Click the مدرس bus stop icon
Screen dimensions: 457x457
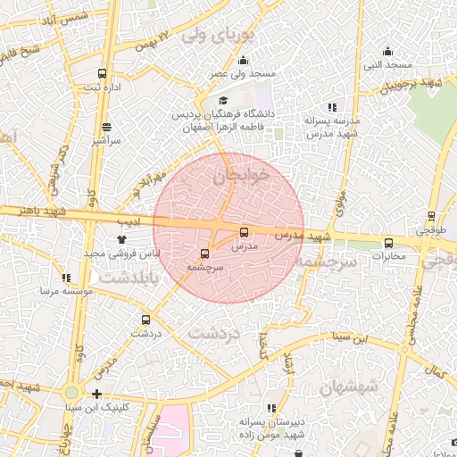click(x=245, y=232)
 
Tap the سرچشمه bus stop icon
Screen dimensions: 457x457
click(x=205, y=253)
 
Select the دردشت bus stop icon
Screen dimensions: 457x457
click(x=145, y=320)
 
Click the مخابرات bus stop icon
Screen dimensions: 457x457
click(x=388, y=243)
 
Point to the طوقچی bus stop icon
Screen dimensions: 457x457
click(x=431, y=216)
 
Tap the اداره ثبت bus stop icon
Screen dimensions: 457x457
click(x=102, y=73)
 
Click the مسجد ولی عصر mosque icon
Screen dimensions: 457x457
click(x=243, y=61)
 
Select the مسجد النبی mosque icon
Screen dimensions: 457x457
click(x=387, y=52)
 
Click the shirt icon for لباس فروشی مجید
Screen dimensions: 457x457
click(x=122, y=239)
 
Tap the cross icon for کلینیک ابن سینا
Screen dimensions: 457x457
click(x=96, y=394)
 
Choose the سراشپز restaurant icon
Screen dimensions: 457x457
click(x=106, y=127)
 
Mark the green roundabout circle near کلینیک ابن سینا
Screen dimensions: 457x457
click(x=71, y=393)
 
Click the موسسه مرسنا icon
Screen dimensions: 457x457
click(x=68, y=278)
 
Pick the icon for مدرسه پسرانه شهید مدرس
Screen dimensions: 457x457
click(x=332, y=107)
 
